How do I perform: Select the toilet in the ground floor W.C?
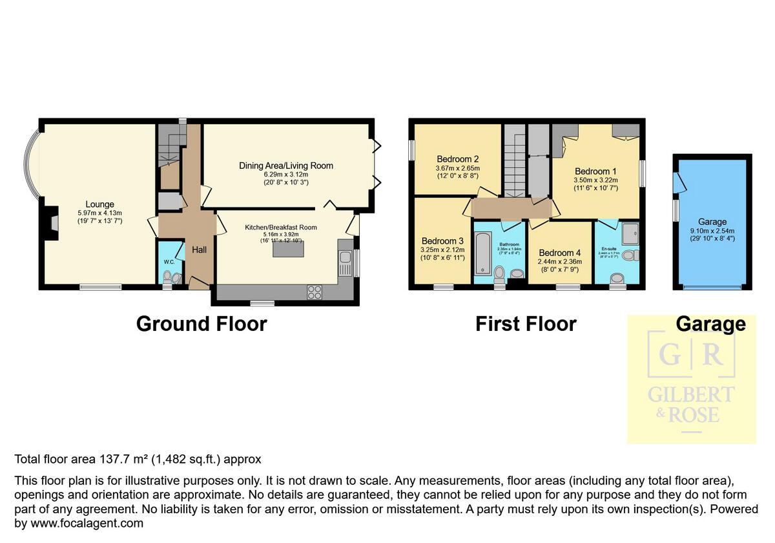pos(168,278)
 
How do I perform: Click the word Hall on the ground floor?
pos(198,250)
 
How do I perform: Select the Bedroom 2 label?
pos(457,159)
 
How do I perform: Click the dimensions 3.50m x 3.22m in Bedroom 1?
pos(596,180)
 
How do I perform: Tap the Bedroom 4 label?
pos(560,253)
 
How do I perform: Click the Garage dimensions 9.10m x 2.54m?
pos(712,231)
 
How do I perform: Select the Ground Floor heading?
pos(201,323)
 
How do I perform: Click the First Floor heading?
pos(526,323)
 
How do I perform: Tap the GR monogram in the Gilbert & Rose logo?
pos(691,354)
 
